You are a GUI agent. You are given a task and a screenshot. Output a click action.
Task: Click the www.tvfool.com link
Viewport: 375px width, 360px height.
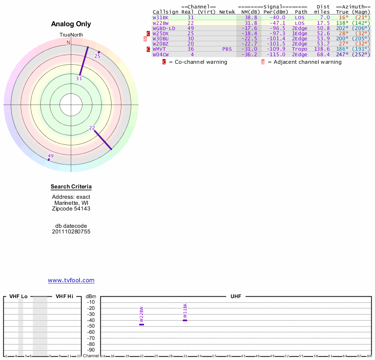[x=71, y=280]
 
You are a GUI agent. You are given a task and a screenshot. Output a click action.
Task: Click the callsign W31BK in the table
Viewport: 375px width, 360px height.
[x=160, y=17]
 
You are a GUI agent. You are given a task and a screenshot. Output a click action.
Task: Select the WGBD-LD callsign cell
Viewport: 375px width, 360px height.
[x=164, y=28]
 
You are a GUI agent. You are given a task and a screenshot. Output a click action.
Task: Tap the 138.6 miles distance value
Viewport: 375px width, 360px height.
[x=322, y=49]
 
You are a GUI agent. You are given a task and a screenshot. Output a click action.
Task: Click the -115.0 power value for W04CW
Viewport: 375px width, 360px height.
[x=276, y=54]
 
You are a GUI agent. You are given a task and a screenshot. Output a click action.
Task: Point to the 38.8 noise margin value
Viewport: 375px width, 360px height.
[x=251, y=17]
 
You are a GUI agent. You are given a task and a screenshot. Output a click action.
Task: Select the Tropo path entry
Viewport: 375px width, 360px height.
[x=300, y=49]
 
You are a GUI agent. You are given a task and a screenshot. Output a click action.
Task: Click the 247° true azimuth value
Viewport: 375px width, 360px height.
[x=342, y=54]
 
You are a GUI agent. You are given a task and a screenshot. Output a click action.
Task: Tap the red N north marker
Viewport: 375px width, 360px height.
[x=68, y=43]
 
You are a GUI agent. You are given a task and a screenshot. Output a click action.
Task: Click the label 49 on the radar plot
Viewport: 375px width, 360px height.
[x=51, y=156]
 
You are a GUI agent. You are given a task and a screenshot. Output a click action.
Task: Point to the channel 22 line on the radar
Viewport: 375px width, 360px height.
[x=103, y=140]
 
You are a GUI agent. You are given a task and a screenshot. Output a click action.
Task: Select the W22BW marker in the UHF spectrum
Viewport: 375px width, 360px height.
[x=142, y=324]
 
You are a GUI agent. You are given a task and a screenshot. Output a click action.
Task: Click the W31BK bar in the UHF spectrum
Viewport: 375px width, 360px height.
[x=185, y=320]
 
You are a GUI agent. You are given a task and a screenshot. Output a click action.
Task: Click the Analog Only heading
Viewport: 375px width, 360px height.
[x=71, y=24]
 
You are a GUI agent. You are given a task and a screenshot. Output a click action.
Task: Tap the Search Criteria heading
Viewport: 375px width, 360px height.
[x=71, y=187]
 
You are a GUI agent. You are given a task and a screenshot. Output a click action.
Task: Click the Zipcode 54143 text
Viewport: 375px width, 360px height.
[x=71, y=209]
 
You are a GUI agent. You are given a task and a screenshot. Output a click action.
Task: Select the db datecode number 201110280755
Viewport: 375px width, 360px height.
[x=71, y=232]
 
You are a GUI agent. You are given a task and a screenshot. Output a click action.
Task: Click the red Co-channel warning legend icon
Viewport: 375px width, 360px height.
[x=164, y=62]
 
